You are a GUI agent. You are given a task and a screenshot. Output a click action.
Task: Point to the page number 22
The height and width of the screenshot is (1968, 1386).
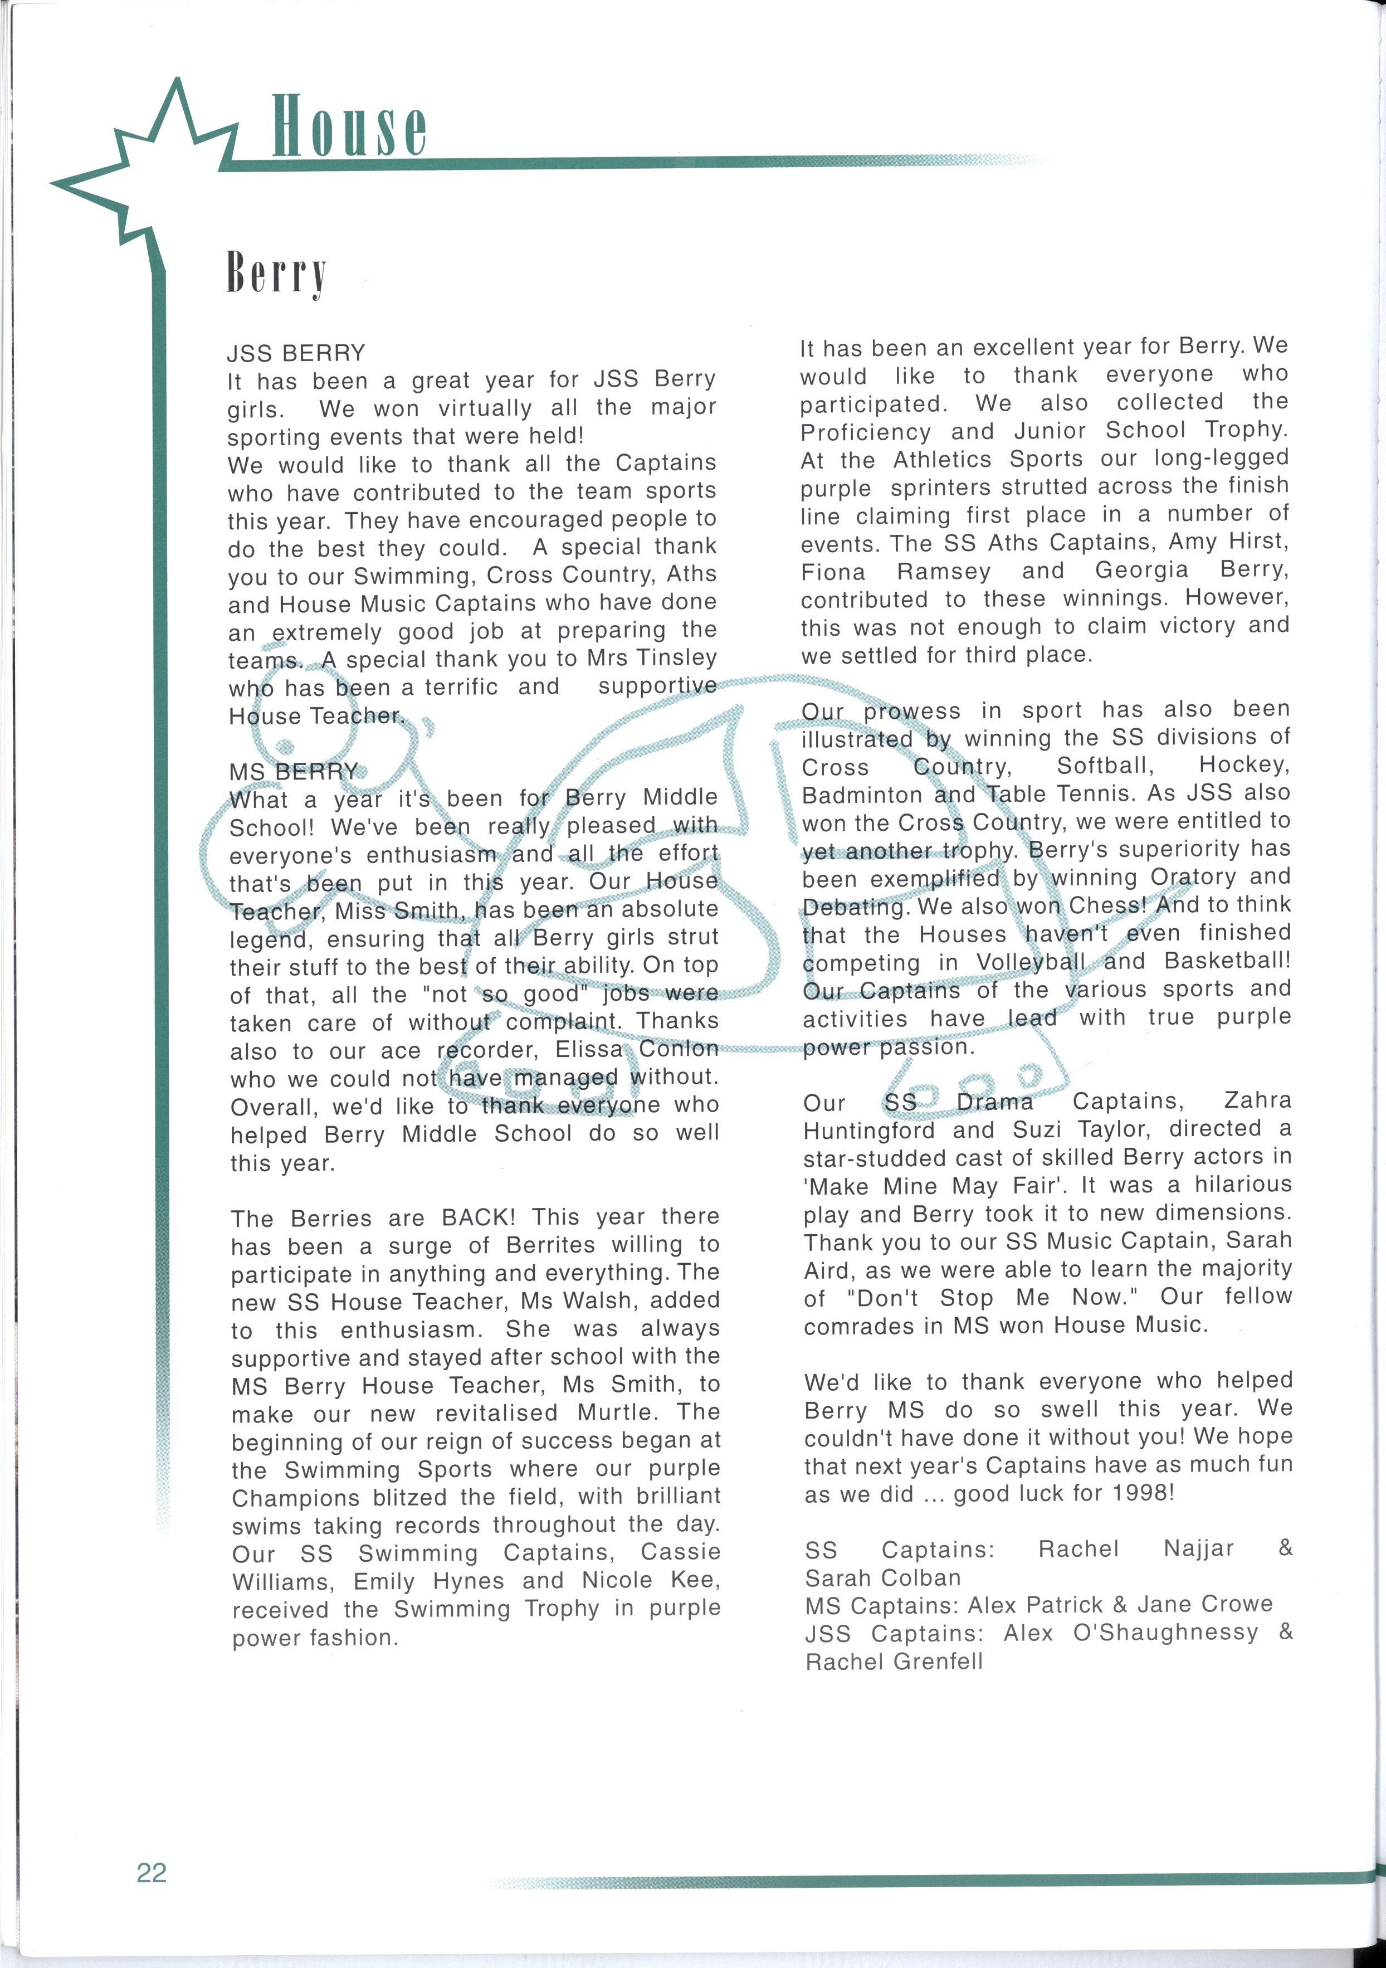coord(152,1872)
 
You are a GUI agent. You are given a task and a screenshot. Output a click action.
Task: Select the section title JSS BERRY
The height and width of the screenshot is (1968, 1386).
coord(296,353)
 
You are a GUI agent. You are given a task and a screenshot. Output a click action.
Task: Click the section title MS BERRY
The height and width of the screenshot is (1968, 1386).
coord(293,771)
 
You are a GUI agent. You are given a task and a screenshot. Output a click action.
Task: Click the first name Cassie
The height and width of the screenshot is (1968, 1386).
coord(681,1551)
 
